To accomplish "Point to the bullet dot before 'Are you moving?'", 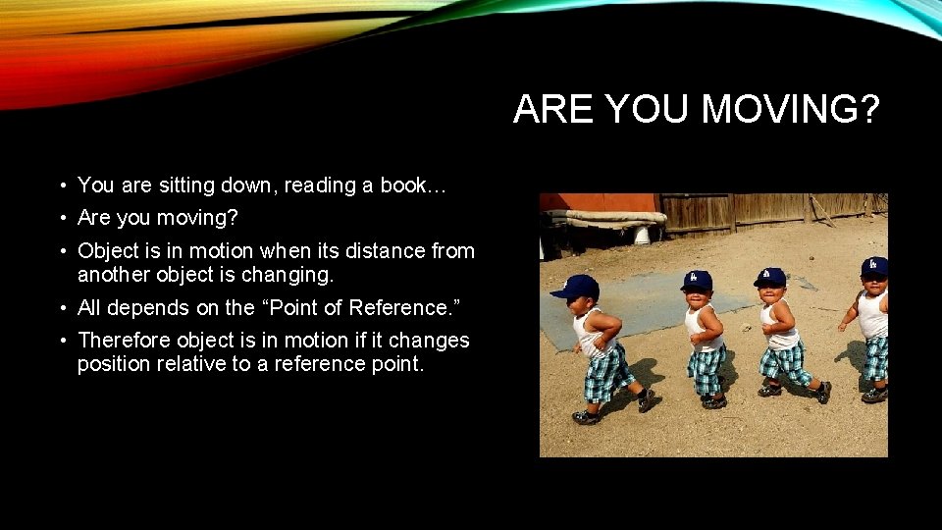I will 62,218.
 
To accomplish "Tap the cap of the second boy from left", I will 696,281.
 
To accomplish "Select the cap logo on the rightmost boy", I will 873,263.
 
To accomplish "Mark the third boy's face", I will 771,293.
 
